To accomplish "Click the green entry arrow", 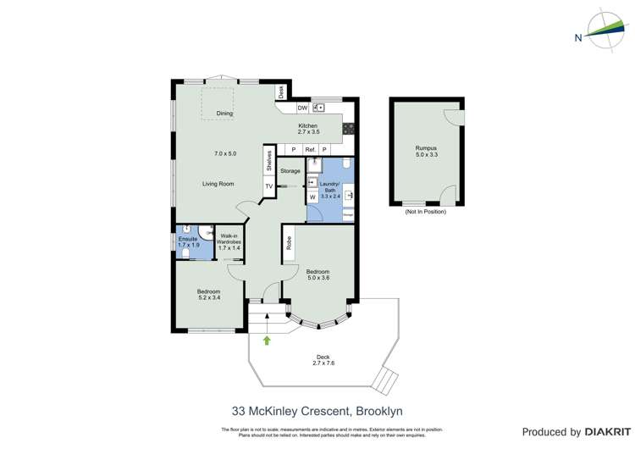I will (268, 341).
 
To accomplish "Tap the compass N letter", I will (577, 37).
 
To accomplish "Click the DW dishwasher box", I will (302, 108).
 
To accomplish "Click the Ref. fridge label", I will (310, 150).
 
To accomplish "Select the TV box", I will (269, 186).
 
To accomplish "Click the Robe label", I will (289, 244).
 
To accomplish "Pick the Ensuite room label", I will (186, 240).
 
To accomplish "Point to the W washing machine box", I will (312, 197).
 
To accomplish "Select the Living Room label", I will (218, 184).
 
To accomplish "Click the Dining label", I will (224, 113).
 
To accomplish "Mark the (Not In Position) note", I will (425, 212).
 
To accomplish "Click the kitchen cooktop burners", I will (347, 128).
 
